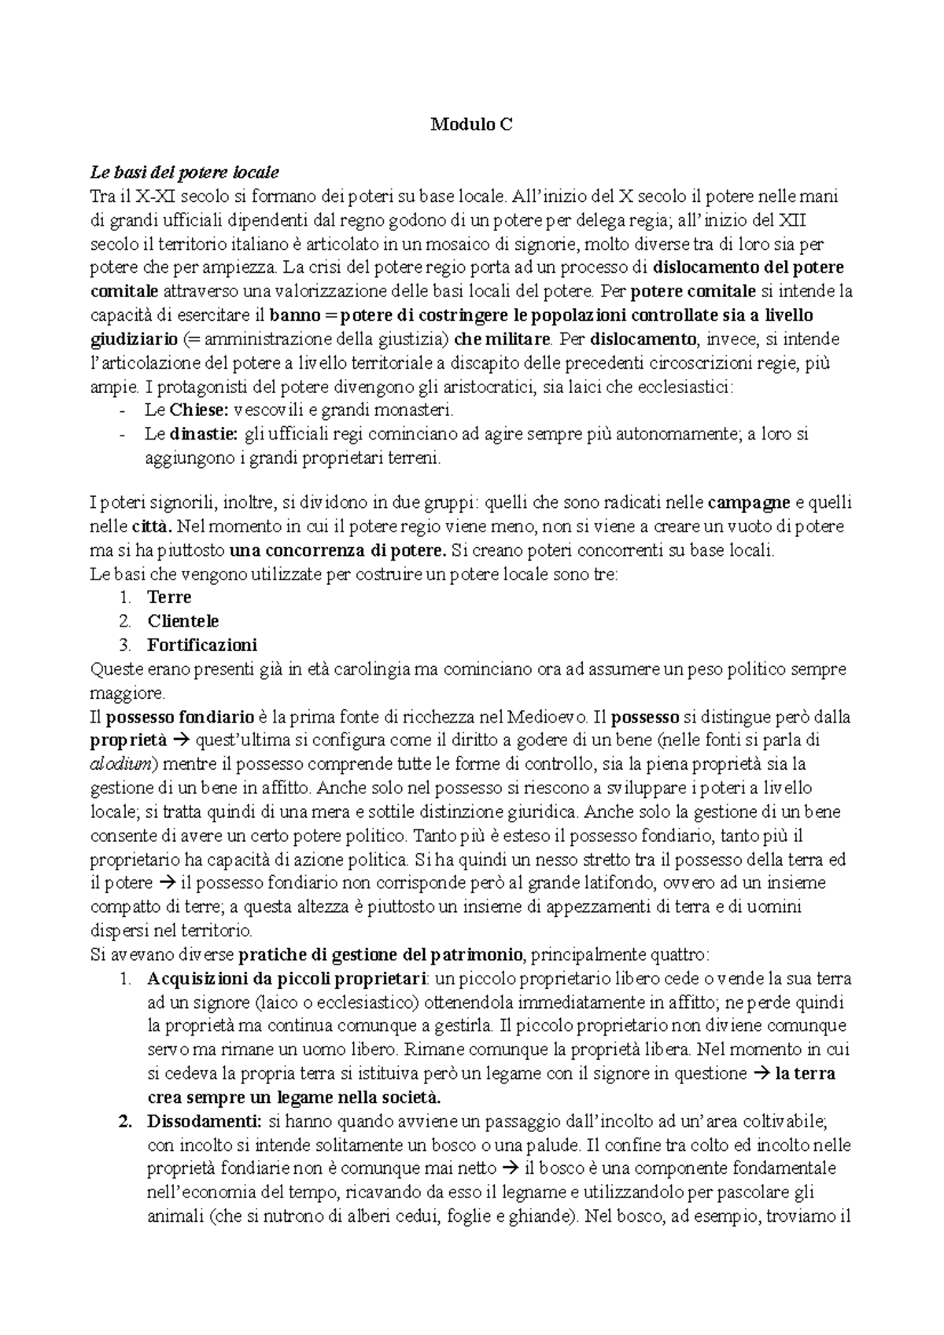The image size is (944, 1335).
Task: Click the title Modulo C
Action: [x=472, y=123]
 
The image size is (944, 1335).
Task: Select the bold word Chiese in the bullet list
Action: [x=198, y=410]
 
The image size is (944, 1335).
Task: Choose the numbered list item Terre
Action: [x=169, y=598]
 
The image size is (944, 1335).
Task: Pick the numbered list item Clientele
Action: [x=183, y=621]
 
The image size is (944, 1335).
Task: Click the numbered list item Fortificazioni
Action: [x=202, y=645]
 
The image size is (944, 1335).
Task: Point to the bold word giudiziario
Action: [x=134, y=339]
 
